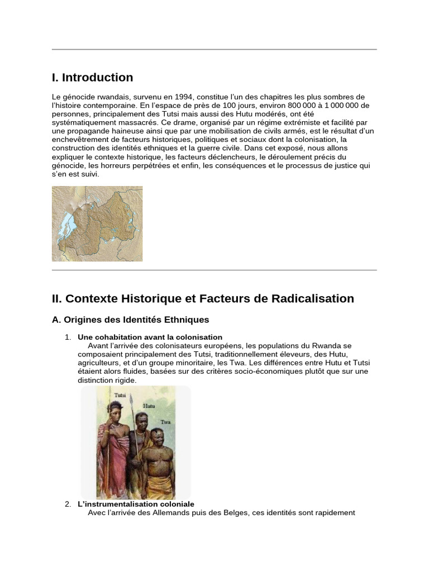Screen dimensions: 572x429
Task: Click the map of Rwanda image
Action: tap(97, 223)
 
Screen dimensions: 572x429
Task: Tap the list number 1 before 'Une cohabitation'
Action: tap(68, 337)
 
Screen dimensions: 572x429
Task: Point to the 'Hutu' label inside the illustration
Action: tap(149, 406)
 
